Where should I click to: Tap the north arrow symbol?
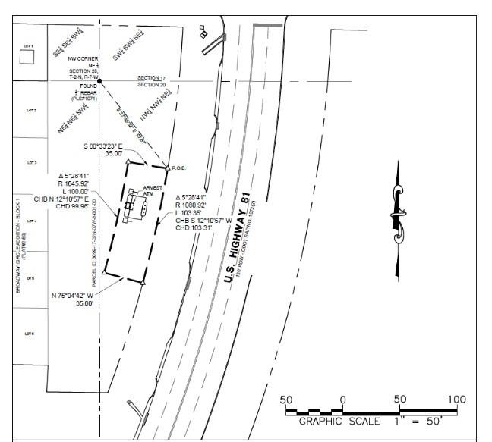click(x=397, y=219)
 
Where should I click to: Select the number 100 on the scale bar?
click(x=456, y=400)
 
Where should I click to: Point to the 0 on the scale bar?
click(x=343, y=400)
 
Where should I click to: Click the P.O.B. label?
click(x=179, y=168)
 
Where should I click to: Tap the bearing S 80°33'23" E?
click(x=109, y=146)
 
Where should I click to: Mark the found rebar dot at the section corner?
click(x=99, y=80)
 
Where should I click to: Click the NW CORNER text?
click(x=84, y=58)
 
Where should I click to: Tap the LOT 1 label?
click(x=31, y=46)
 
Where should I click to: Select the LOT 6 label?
click(x=31, y=334)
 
